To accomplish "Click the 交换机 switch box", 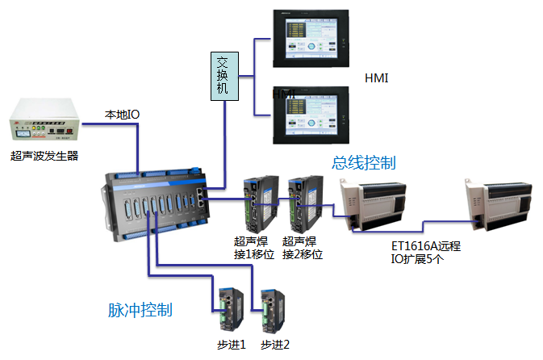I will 223,76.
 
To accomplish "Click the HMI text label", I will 377,78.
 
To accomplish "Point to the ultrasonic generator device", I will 44,121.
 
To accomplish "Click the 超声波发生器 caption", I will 44,156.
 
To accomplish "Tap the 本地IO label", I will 122,115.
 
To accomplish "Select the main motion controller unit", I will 157,203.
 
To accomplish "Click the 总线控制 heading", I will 364,163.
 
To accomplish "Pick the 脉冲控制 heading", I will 140,310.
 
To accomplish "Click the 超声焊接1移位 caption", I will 254,248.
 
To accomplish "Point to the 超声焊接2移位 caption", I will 303,248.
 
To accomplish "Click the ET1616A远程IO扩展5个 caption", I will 426,253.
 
